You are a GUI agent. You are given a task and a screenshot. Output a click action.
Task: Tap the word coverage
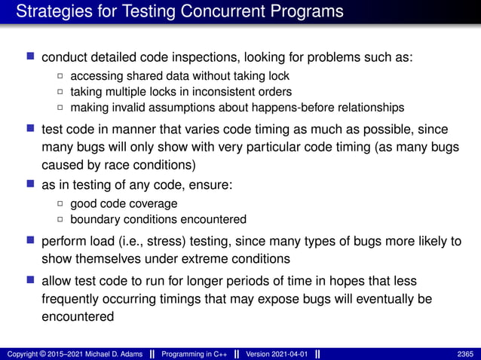(x=152, y=203)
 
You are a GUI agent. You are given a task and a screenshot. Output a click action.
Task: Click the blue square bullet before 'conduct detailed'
(x=31, y=56)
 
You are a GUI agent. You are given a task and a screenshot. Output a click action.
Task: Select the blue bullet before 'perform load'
(x=31, y=241)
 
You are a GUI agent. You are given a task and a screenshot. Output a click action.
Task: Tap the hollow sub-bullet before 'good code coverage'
(x=60, y=204)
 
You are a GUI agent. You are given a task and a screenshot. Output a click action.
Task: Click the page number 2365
(x=465, y=353)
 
